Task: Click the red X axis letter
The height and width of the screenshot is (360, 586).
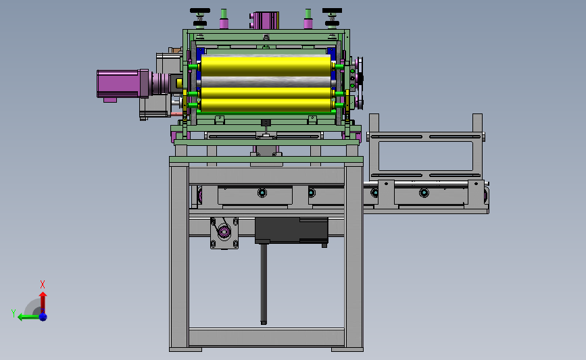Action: pyautogui.click(x=42, y=284)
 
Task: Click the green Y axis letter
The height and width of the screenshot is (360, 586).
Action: pyautogui.click(x=14, y=313)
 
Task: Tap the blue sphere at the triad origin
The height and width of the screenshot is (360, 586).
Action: pyautogui.click(x=43, y=317)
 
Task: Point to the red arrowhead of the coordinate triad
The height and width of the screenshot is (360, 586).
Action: pyautogui.click(x=43, y=294)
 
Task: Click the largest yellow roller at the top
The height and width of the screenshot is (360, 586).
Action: pyautogui.click(x=266, y=66)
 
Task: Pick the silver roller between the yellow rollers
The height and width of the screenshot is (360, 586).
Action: pyautogui.click(x=266, y=82)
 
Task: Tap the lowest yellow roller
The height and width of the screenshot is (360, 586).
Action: pyautogui.click(x=266, y=105)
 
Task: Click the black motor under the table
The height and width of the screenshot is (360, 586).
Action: pyautogui.click(x=291, y=230)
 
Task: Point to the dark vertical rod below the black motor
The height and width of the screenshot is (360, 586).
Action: pyautogui.click(x=264, y=283)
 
